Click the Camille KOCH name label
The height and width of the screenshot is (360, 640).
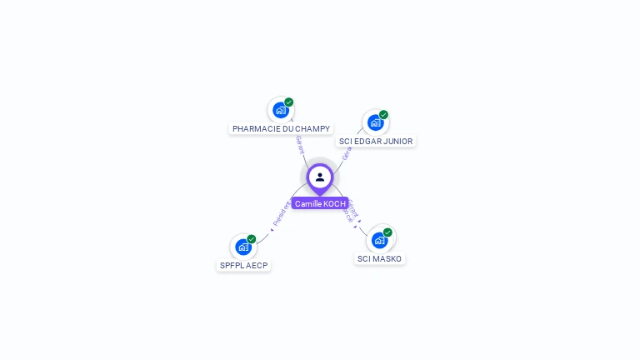click(320, 203)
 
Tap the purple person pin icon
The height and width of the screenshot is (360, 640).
click(320, 177)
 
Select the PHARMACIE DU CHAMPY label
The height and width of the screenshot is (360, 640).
click(281, 129)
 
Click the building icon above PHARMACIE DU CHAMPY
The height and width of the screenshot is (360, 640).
click(281, 110)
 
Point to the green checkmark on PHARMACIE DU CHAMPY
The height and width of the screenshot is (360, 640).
click(289, 102)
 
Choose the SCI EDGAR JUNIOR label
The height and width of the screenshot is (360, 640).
click(376, 142)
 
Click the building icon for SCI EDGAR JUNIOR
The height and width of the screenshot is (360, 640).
click(375, 122)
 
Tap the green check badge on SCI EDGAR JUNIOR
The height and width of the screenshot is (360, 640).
click(383, 115)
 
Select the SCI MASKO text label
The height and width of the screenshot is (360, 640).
click(379, 259)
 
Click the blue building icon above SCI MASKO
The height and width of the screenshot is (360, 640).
click(379, 240)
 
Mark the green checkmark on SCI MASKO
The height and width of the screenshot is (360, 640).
click(387, 232)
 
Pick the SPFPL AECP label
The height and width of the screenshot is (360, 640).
click(244, 266)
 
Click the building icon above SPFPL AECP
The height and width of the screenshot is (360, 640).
click(243, 247)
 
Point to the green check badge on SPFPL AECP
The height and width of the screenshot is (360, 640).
click(252, 239)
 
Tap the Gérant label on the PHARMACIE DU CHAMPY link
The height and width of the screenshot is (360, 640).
click(300, 144)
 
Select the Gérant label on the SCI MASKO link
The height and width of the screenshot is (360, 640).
click(352, 209)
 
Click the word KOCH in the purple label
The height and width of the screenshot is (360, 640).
click(334, 203)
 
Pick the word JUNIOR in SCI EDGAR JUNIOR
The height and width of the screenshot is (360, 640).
click(397, 142)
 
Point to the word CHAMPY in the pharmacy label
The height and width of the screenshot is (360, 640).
click(312, 129)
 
